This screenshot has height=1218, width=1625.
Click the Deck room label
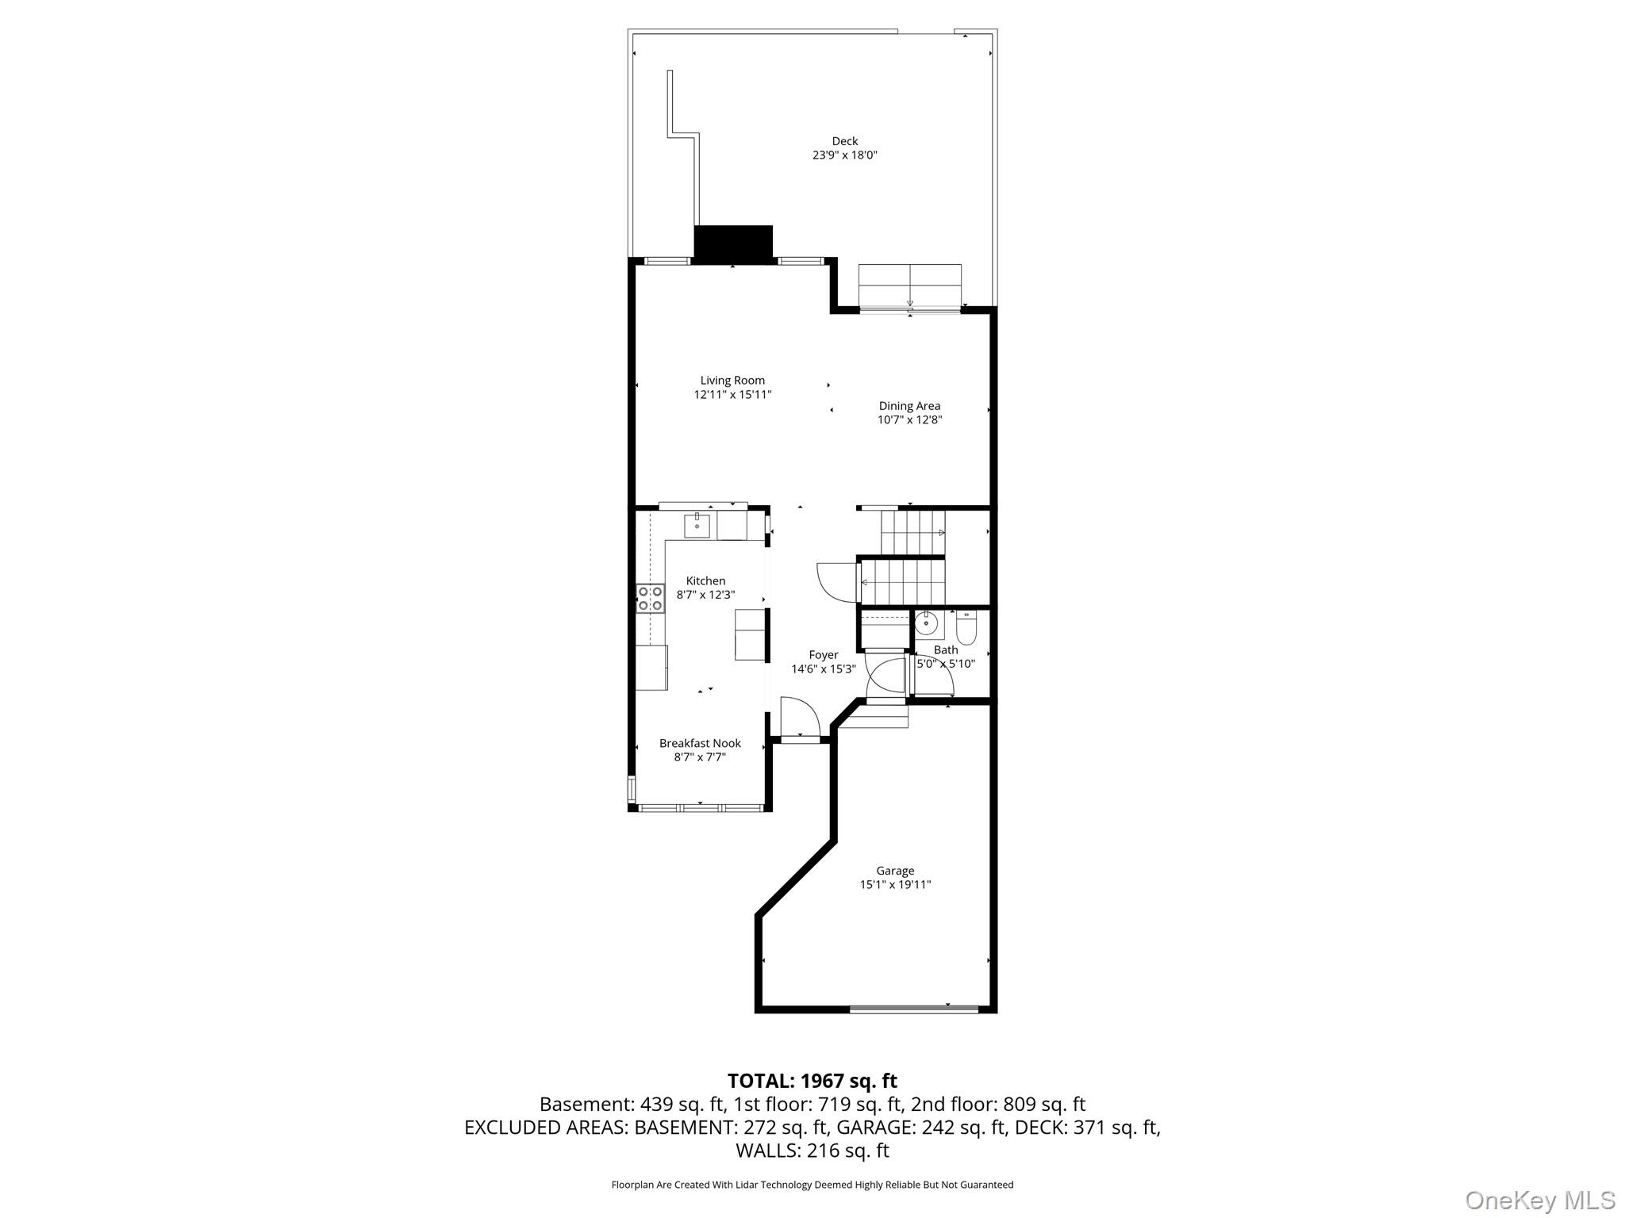(x=844, y=141)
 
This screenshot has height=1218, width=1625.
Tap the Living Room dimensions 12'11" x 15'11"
(x=732, y=394)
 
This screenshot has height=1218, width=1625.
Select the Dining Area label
(x=909, y=406)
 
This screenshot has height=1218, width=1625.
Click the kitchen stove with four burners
(x=651, y=598)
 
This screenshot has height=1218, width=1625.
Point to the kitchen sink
(x=697, y=526)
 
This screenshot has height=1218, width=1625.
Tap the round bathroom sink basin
(x=926, y=624)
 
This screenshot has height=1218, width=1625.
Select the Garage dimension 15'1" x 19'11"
(x=895, y=884)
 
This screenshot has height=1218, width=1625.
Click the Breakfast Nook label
(x=700, y=743)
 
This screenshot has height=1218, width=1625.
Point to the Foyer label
(x=823, y=655)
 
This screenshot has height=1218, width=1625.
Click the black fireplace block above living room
(x=732, y=243)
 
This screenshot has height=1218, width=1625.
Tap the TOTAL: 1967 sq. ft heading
(x=812, y=1081)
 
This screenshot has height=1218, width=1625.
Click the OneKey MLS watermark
(x=1539, y=1200)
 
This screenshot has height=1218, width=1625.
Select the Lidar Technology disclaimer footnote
(x=812, y=1185)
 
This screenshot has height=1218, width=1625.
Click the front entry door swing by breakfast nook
(x=799, y=718)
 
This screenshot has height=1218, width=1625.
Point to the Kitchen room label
(x=705, y=581)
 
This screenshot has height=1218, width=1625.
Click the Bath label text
(x=946, y=650)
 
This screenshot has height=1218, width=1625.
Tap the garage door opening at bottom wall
(x=913, y=1009)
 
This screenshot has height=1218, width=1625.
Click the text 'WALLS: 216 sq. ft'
(x=812, y=1150)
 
